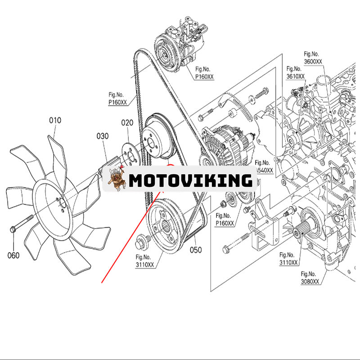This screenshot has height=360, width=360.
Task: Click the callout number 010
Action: pyautogui.click(x=55, y=120)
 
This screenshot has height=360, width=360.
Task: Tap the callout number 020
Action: pyautogui.click(x=127, y=123)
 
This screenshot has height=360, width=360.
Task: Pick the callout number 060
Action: pyautogui.click(x=13, y=256)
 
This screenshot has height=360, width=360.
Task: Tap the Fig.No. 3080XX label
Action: pyautogui.click(x=310, y=278)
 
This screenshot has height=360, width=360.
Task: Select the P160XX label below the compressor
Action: pyautogui.click(x=204, y=73)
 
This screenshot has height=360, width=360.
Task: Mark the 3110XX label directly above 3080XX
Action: pyautogui.click(x=288, y=259)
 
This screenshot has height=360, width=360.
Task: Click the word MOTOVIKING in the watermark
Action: pyautogui.click(x=190, y=180)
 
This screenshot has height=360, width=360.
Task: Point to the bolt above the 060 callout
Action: pyautogui.click(x=22, y=223)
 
